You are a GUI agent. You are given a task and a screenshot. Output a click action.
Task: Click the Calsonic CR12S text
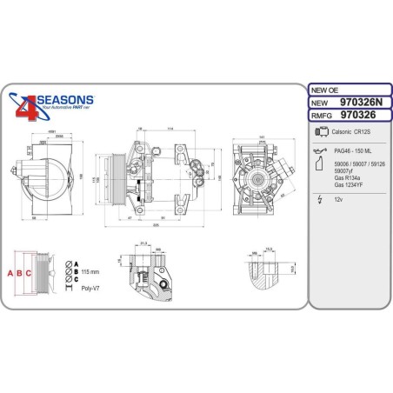pyautogui.click(x=353, y=131)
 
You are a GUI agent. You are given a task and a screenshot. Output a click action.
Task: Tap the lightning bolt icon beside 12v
pyautogui.click(x=320, y=199)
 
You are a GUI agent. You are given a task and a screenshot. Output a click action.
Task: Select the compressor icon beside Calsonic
pyautogui.click(x=320, y=131)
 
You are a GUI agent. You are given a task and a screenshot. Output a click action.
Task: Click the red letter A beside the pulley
pyautogui.click(x=11, y=272)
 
